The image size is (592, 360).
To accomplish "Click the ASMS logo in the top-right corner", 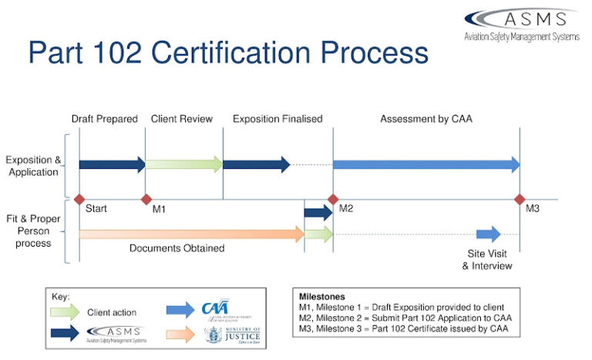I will point(521,25).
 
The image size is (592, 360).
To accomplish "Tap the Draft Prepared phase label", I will point(104,119).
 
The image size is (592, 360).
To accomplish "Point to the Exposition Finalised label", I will point(277,119).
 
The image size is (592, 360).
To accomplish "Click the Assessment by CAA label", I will point(425,119).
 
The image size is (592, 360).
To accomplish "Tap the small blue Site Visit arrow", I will point(488,234).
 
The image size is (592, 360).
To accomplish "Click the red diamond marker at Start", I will point(79,199).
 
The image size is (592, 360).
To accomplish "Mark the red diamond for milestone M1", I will point(146,199).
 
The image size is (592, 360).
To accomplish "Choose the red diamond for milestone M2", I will point(333,199).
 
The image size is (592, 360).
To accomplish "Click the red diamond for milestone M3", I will point(520,199).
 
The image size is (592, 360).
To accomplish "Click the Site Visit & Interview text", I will point(487,260).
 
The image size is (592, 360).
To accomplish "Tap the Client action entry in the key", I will point(112,312).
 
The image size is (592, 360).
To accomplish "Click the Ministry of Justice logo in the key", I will point(232,335).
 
